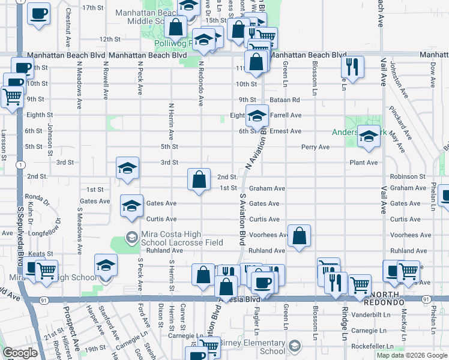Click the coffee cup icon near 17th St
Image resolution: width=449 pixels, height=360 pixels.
click(x=40, y=13)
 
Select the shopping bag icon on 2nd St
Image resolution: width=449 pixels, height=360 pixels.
click(x=199, y=179)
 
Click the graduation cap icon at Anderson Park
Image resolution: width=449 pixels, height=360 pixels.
click(x=369, y=136)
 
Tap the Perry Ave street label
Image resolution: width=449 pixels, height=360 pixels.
click(x=315, y=146)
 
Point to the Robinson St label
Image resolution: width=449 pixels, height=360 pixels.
click(x=407, y=176)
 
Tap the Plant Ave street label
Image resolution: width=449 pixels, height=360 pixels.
click(x=364, y=163)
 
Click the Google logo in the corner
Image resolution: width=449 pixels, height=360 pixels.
click(x=20, y=353)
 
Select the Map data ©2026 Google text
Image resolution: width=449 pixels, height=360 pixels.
click(x=411, y=355)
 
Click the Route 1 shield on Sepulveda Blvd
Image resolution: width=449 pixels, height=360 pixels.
click(x=22, y=164)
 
